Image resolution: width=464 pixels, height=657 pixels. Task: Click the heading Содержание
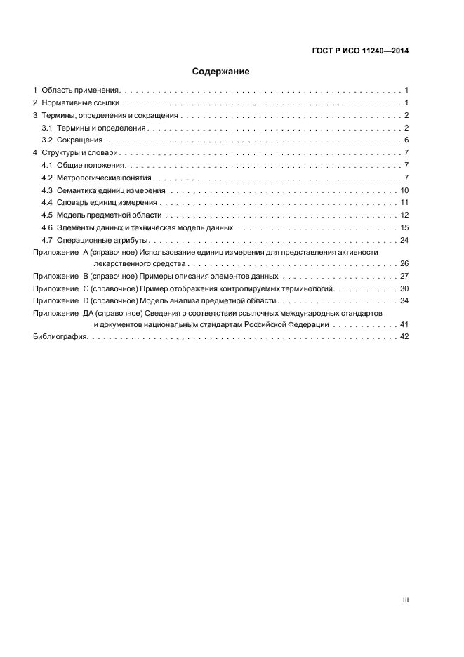[221, 72]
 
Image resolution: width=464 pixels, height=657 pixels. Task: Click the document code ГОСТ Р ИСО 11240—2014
[360, 51]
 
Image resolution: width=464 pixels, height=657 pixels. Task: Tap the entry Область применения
[79, 91]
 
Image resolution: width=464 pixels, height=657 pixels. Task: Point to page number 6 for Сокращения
[406, 140]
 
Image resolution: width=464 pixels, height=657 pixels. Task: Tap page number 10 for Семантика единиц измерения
[404, 190]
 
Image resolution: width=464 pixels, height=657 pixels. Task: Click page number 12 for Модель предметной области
[404, 215]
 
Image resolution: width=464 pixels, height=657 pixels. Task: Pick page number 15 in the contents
[404, 227]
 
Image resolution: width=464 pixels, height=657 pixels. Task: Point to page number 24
[404, 240]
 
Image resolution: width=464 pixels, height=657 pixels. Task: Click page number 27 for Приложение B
[404, 277]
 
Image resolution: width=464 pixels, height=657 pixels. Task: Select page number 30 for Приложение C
[404, 288]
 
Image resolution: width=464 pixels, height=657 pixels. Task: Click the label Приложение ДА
[62, 313]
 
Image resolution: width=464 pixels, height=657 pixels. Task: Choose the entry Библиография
[60, 338]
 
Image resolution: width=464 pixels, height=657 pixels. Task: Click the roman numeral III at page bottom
[405, 601]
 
